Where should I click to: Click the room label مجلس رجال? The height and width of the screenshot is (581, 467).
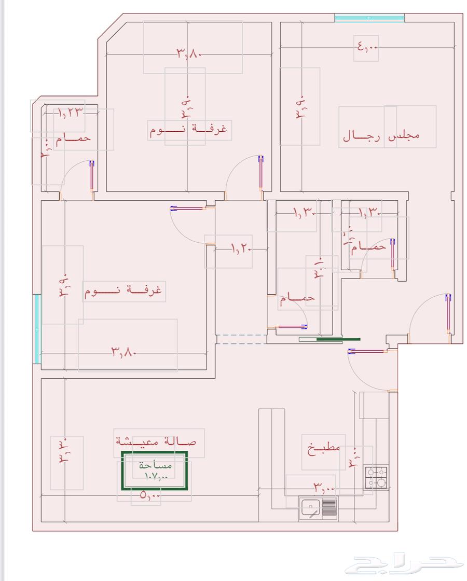pyautogui.click(x=381, y=136)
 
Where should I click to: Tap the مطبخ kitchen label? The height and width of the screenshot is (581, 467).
pyautogui.click(x=323, y=448)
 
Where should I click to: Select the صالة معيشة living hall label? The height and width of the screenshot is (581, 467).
pyautogui.click(x=156, y=442)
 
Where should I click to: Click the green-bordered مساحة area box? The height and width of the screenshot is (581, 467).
pyautogui.click(x=154, y=471)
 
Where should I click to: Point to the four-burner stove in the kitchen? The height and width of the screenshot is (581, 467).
pyautogui.click(x=376, y=478)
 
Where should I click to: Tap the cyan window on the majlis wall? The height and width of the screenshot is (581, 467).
pyautogui.click(x=369, y=18)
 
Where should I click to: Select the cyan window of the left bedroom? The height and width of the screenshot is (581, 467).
pyautogui.click(x=37, y=329)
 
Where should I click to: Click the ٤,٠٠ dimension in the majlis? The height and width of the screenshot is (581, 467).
pyautogui.click(x=367, y=48)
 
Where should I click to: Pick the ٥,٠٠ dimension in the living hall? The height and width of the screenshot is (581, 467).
pyautogui.click(x=150, y=495)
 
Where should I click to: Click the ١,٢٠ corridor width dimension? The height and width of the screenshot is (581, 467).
pyautogui.click(x=240, y=250)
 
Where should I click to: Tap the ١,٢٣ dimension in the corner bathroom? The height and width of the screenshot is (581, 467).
pyautogui.click(x=70, y=112)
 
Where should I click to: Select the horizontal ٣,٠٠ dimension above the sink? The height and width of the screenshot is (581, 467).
pyautogui.click(x=324, y=488)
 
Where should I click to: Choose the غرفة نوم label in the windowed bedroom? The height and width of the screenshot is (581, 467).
pyautogui.click(x=123, y=291)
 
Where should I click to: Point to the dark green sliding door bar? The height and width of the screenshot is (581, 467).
pyautogui.click(x=338, y=339)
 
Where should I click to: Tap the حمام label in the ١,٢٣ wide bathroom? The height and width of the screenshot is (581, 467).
pyautogui.click(x=73, y=138)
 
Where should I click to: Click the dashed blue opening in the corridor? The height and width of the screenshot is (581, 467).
pyautogui.click(x=241, y=339)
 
